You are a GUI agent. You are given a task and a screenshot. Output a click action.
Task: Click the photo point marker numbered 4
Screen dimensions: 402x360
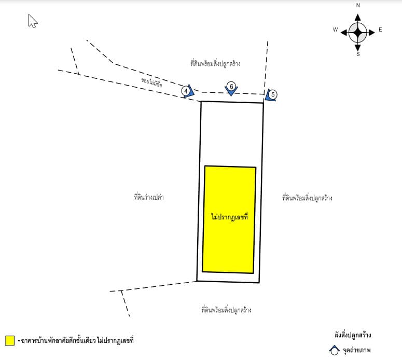(187, 91)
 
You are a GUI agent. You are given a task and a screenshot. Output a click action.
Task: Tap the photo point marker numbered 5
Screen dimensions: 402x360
(271, 95)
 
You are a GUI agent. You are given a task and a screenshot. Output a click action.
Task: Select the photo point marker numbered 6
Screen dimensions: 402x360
(231, 89)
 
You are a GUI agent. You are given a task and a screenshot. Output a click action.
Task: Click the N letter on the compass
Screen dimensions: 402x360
(358, 5)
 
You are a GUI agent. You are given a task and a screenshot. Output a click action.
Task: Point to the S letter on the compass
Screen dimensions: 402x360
(358, 54)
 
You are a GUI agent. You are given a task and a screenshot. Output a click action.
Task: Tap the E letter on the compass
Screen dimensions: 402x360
(380, 30)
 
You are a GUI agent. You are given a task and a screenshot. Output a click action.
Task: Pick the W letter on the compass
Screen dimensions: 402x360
(335, 30)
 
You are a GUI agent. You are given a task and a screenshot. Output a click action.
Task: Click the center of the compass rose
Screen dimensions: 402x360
(357, 33)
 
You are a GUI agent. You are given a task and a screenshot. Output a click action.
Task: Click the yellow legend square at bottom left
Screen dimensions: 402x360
(10, 340)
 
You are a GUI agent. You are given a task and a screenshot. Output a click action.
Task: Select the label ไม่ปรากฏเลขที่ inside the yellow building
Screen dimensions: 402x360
(229, 217)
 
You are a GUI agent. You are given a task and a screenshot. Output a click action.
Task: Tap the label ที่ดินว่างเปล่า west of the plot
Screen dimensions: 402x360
(149, 197)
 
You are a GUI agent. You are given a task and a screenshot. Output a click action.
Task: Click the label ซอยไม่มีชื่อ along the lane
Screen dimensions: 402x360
(151, 82)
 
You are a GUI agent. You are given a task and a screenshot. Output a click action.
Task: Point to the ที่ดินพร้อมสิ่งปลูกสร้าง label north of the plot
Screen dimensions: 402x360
(215, 63)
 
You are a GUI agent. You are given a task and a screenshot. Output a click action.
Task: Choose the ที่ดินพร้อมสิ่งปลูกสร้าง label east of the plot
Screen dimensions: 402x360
(307, 198)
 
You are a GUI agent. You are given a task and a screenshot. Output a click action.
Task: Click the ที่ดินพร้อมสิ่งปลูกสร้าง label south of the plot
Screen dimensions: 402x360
(226, 310)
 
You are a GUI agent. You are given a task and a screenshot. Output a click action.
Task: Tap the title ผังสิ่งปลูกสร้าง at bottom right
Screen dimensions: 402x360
(353, 335)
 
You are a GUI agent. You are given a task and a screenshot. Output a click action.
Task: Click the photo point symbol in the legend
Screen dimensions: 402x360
(335, 351)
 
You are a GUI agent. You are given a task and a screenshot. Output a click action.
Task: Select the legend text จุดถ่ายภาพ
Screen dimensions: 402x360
(357, 350)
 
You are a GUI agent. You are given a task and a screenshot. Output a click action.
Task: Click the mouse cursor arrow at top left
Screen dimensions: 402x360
(33, 21)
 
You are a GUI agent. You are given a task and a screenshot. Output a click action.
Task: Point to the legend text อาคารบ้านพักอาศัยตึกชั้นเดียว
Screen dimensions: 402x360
(58, 340)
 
